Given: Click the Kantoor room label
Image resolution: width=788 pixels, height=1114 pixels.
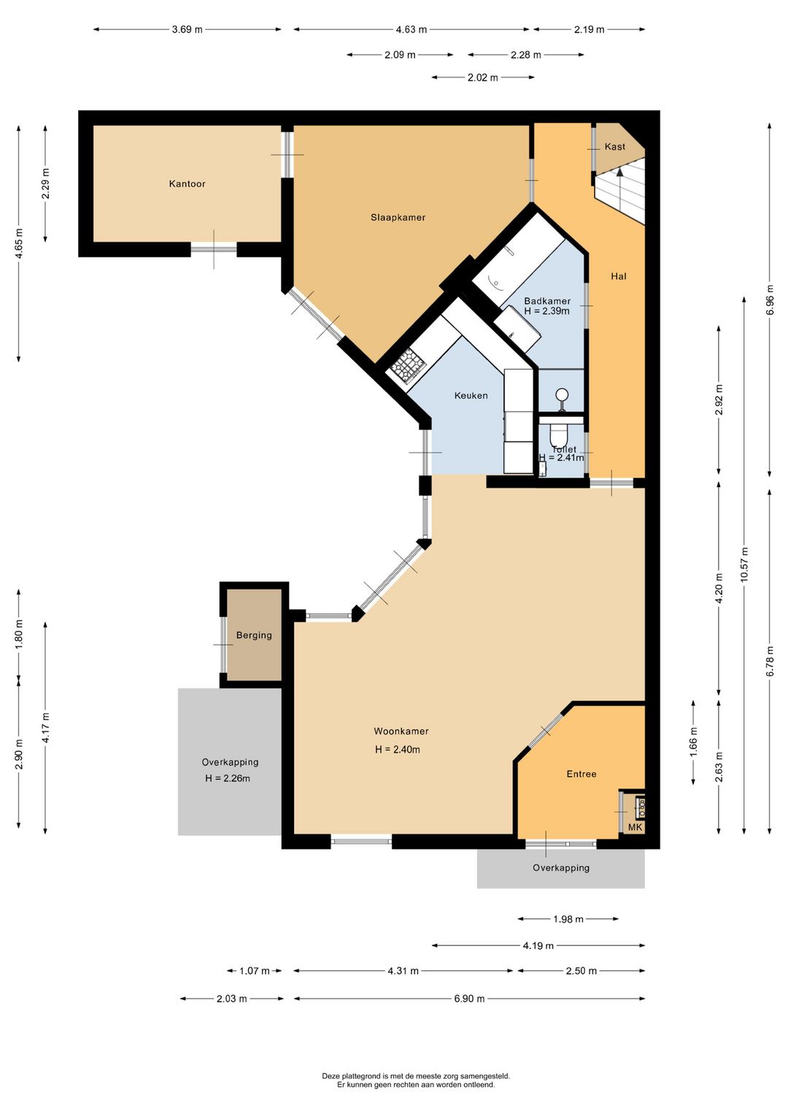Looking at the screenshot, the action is tap(187, 184).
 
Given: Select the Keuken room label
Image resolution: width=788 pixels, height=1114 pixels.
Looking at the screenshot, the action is tap(471, 396).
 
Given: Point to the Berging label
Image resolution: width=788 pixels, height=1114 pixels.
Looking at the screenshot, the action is tap(254, 635).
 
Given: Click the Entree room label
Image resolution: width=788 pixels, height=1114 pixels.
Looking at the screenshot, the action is tap(582, 774).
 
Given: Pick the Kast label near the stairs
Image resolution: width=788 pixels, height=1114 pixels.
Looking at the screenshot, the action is tap(615, 147).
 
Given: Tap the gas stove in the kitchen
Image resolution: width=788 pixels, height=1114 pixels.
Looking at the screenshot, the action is tap(409, 366).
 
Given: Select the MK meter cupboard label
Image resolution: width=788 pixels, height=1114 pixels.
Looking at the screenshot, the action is tap(636, 827).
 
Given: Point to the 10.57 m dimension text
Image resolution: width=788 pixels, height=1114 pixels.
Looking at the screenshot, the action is tap(743, 564).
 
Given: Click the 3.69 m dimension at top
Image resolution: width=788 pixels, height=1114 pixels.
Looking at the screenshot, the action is tap(188, 29).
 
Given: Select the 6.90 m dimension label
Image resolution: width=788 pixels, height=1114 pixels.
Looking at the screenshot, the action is tap(469, 998).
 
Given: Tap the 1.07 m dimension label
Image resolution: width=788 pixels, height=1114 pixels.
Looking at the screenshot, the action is tap(255, 970).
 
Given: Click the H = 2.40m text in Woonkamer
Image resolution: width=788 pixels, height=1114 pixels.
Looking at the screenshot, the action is tap(397, 750).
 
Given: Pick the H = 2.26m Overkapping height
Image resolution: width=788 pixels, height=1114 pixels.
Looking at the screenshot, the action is tap(228, 778).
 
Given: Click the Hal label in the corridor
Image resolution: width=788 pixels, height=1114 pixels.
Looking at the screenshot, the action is tap(619, 276).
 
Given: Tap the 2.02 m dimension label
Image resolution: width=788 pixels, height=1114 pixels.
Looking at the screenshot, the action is tap(483, 77).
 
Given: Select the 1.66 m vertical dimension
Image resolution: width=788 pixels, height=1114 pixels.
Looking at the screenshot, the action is tap(694, 742).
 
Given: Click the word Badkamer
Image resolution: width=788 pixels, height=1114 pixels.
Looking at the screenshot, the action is tap(547, 301).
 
